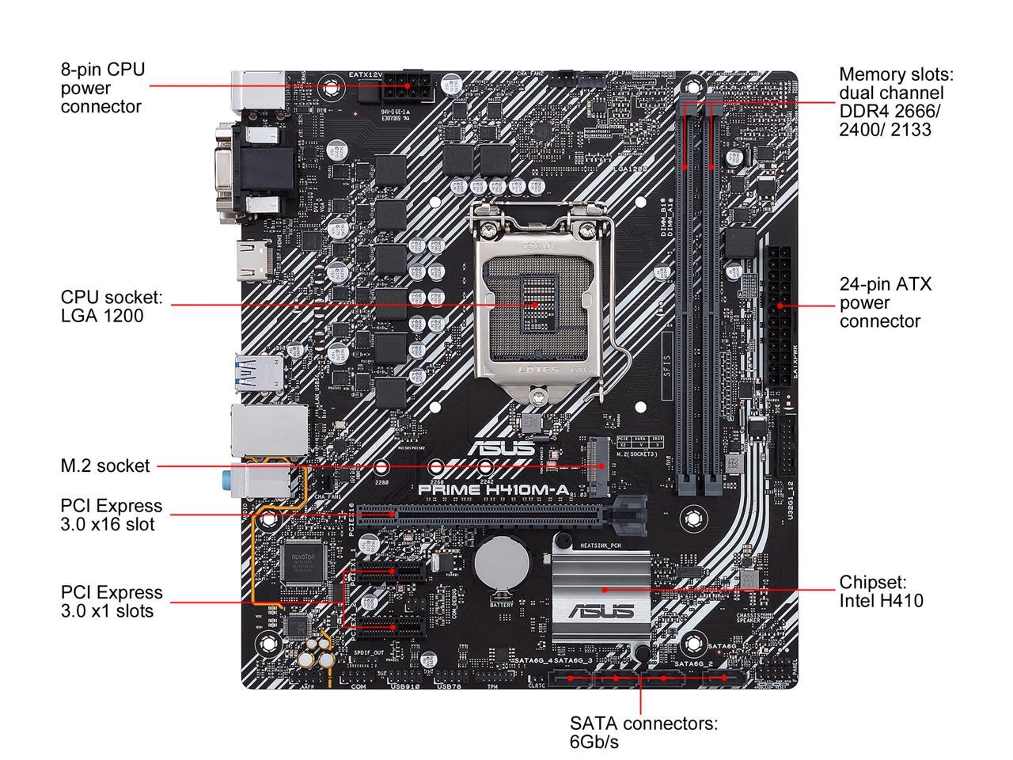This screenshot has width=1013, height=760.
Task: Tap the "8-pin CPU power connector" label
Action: click(103, 88)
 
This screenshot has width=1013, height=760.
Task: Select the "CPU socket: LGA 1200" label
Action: click(112, 306)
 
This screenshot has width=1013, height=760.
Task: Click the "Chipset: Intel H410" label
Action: click(881, 591)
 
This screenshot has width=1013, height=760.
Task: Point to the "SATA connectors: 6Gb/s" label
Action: click(643, 732)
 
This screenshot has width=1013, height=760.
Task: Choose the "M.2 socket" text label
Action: click(104, 466)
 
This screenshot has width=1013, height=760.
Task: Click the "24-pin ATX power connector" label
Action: click(885, 302)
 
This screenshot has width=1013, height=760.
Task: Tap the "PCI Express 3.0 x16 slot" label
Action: click(111, 515)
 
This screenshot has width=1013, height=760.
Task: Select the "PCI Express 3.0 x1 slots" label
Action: click(111, 602)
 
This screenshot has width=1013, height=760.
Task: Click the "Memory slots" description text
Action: click(896, 101)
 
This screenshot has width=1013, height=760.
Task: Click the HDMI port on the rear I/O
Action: click(255, 261)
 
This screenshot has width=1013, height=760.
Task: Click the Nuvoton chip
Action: click(304, 561)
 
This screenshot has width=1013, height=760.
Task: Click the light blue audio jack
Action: click(228, 479)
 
